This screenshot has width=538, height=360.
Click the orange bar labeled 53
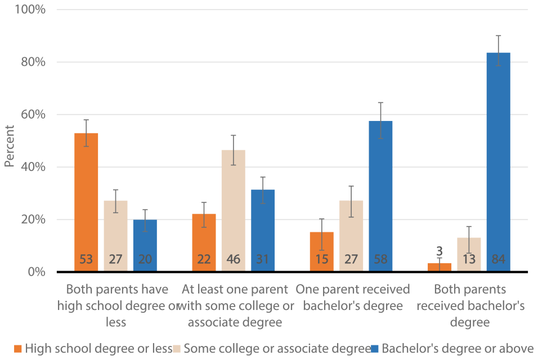point(86,202)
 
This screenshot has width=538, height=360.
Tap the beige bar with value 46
point(234,211)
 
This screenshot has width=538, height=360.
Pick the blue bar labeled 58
point(380,196)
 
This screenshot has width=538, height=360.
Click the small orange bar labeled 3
point(440,267)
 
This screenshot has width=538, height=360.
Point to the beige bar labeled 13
point(469,254)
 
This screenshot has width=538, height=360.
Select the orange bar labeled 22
point(204,242)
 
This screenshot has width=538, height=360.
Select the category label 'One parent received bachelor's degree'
point(352,298)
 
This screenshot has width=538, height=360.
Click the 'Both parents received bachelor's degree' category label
point(470,306)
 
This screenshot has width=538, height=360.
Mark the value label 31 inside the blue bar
point(262,259)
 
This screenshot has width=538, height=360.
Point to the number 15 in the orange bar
point(321,259)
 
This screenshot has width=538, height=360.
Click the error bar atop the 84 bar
point(498,51)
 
